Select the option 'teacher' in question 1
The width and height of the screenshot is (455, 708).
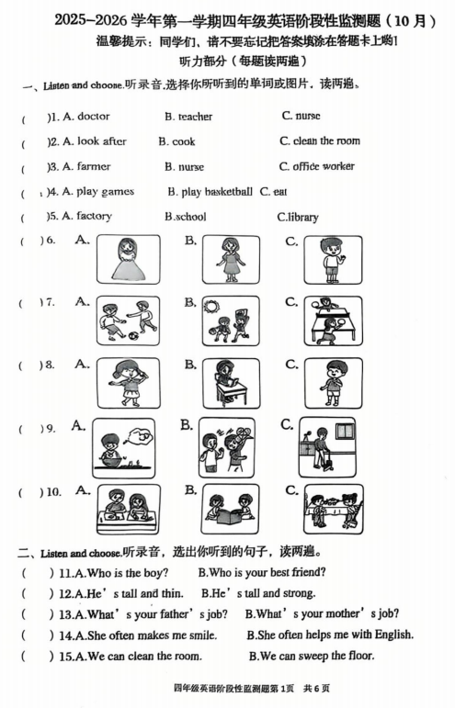(x=195, y=117)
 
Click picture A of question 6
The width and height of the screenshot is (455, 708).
(x=128, y=259)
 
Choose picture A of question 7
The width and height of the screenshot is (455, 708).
(x=128, y=320)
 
